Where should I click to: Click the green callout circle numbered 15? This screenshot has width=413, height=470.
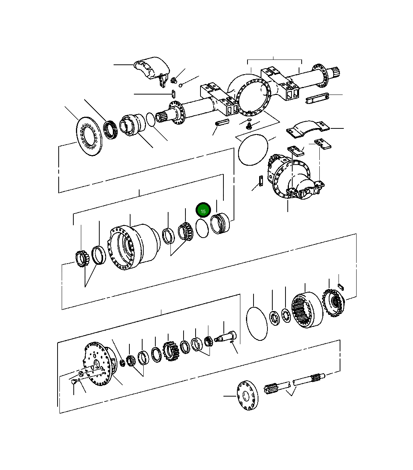click(203, 211)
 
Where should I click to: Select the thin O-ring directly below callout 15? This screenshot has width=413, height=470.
click(202, 228)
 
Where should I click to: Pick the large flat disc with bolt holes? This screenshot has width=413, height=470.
click(90, 136)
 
